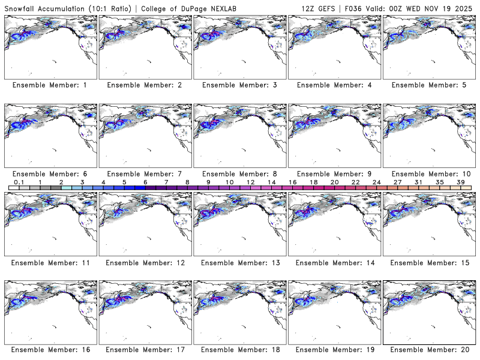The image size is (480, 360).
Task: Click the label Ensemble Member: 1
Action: pyautogui.click(x=50, y=85)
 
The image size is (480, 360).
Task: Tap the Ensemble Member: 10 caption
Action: pyautogui.click(x=430, y=174)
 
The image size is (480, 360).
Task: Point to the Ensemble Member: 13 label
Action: pyautogui.click(x=239, y=262)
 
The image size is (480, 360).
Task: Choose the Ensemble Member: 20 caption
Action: pyautogui.click(x=430, y=350)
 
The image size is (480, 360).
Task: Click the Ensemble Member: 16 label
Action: pyautogui.click(x=50, y=350)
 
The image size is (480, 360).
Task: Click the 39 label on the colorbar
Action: pyautogui.click(x=460, y=182)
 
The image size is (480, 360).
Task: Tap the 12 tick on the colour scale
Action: pyautogui.click(x=250, y=182)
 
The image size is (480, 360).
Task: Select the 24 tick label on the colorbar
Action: pyautogui.click(x=376, y=182)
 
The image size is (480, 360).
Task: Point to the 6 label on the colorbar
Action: pyautogui.click(x=145, y=182)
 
